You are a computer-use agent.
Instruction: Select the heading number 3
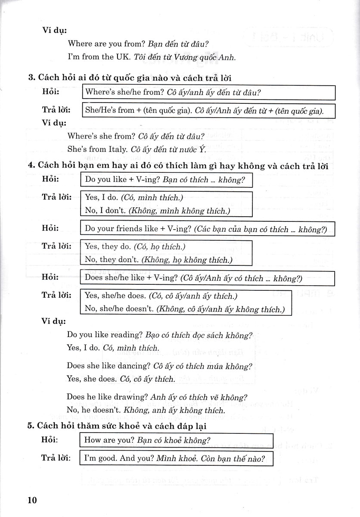tap(31, 78)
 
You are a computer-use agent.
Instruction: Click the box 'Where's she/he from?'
tap(208, 92)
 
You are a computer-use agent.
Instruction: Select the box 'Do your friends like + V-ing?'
tap(208, 229)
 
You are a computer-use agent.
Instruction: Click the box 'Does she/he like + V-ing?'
tap(208, 278)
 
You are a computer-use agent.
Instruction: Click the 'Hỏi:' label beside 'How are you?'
tap(51, 439)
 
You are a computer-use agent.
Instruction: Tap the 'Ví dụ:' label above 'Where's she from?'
tap(54, 123)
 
